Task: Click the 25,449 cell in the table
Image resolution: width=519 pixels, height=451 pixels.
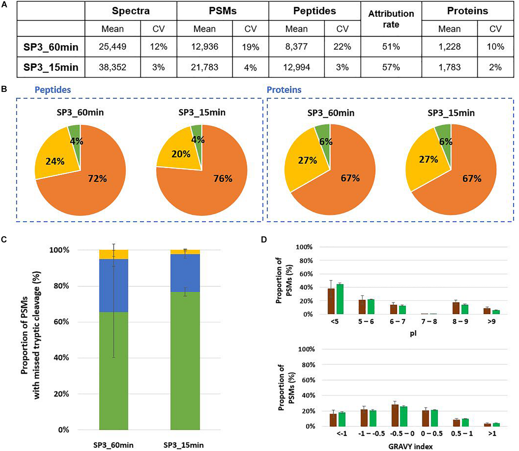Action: pos(113,47)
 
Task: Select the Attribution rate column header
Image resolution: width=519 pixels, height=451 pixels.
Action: pos(391,19)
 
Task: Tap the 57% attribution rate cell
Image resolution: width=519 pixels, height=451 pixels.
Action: pos(391,67)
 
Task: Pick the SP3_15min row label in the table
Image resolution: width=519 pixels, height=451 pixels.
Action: pos(51,67)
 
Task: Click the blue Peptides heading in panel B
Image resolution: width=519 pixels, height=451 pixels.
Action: pos(53,90)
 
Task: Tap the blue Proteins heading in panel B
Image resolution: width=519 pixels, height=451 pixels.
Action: pos(284,90)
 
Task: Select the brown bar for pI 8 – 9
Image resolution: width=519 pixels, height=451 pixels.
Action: pos(456,308)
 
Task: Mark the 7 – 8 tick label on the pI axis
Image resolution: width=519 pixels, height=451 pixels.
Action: pos(429,321)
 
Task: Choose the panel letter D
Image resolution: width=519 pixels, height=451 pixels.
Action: pos(264,240)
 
